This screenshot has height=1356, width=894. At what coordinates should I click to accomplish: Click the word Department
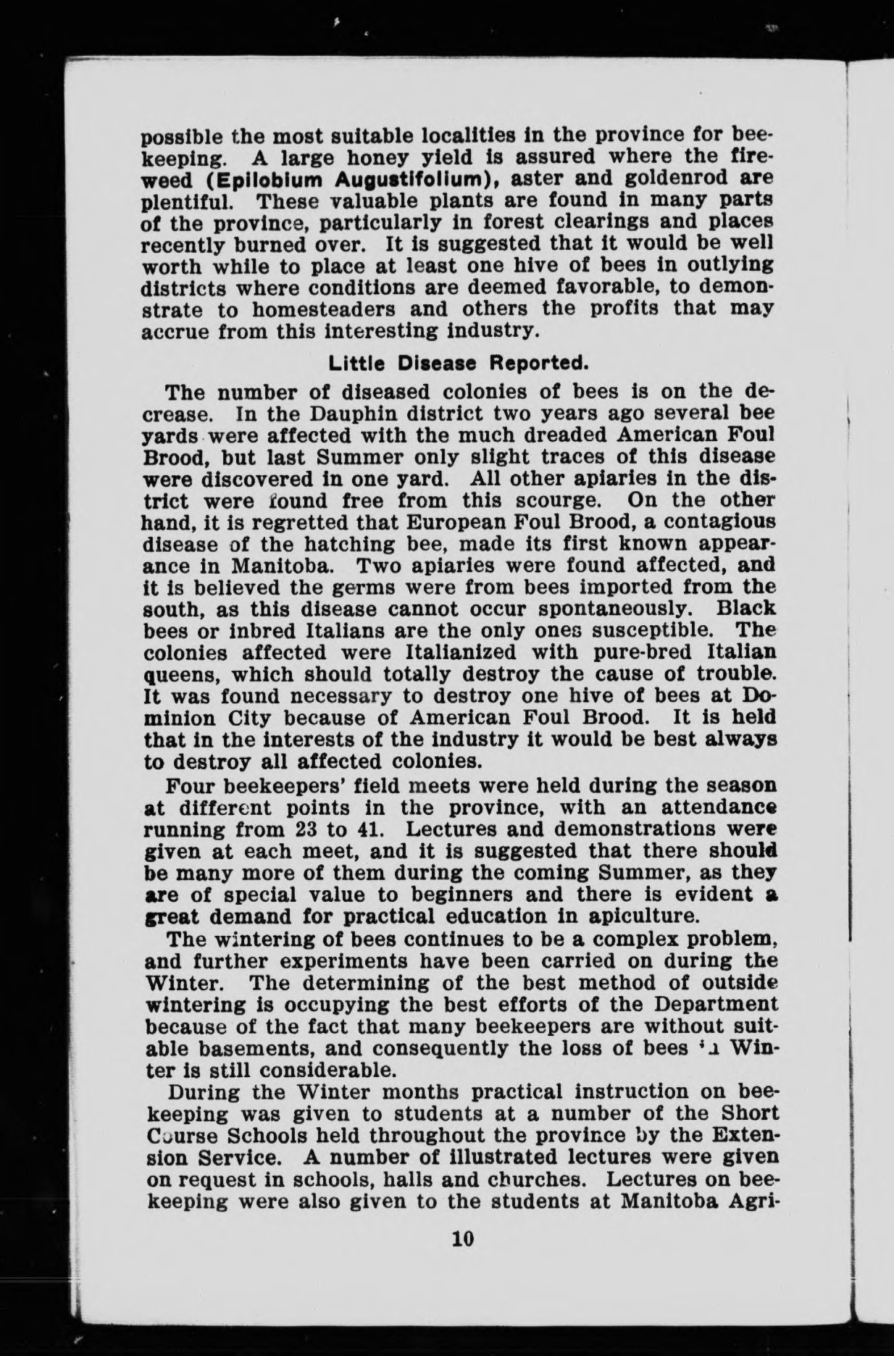click(700, 1004)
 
